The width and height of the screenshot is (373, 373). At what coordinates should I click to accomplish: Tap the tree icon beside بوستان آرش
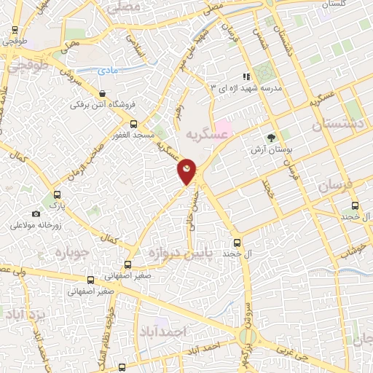click(272, 137)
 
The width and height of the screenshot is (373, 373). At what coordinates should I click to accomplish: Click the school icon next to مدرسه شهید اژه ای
click(247, 76)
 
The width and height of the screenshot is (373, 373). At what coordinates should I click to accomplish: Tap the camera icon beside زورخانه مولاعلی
click(36, 213)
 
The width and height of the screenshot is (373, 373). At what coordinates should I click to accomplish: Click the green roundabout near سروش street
click(245, 337)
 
